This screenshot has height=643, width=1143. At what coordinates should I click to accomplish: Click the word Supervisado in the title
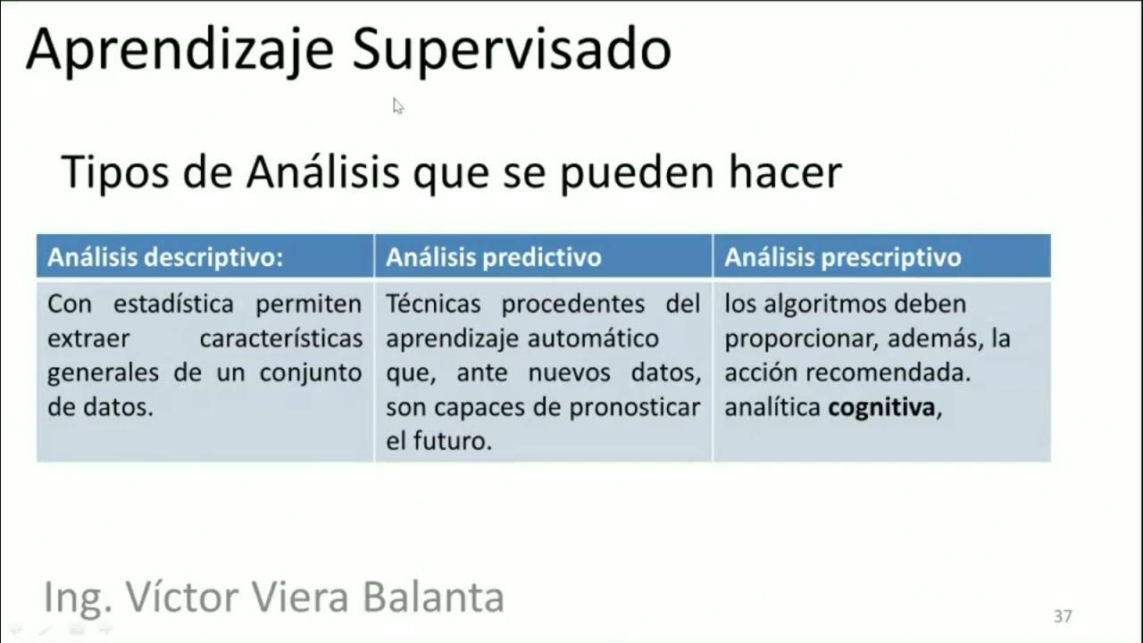511,50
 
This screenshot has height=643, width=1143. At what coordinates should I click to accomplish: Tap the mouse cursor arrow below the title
397,105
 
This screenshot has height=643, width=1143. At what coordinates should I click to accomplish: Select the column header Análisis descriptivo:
165,258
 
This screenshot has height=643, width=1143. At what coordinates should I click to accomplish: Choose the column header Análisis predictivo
494,258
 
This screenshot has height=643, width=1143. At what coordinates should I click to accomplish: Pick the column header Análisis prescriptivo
843,258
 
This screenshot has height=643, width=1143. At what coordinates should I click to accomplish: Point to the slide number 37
1063,616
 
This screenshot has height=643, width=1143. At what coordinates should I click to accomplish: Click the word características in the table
281,339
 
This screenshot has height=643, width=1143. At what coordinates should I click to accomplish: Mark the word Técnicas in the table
435,305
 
